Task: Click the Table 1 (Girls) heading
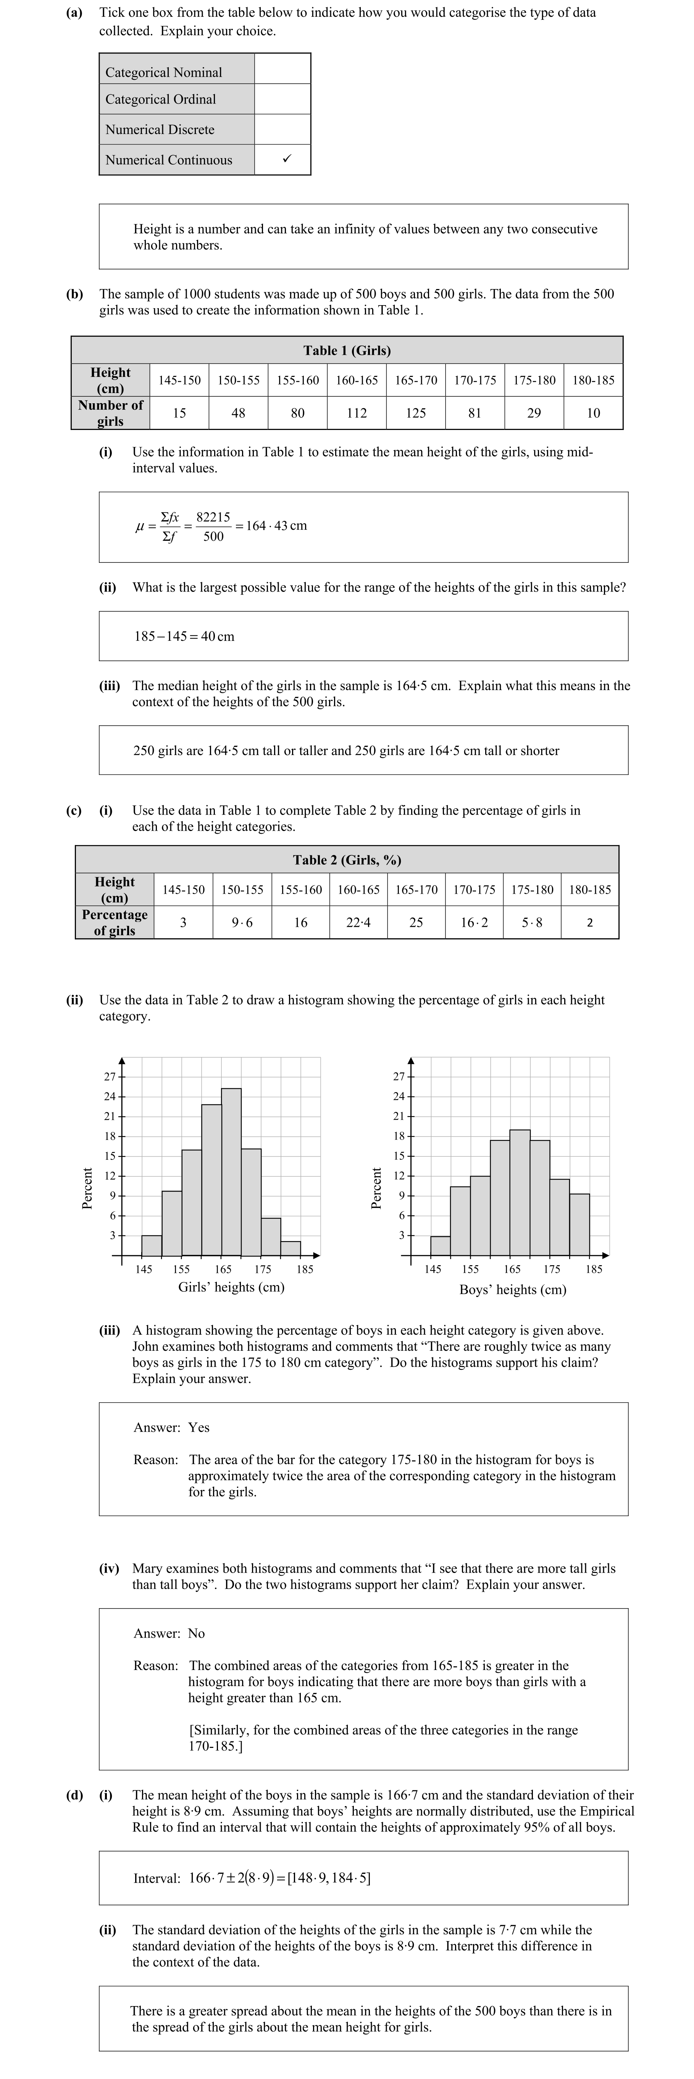[347, 350]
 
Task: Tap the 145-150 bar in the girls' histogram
[152, 1245]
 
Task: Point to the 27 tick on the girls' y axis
[109, 1077]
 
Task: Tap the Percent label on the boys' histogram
[375, 1188]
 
